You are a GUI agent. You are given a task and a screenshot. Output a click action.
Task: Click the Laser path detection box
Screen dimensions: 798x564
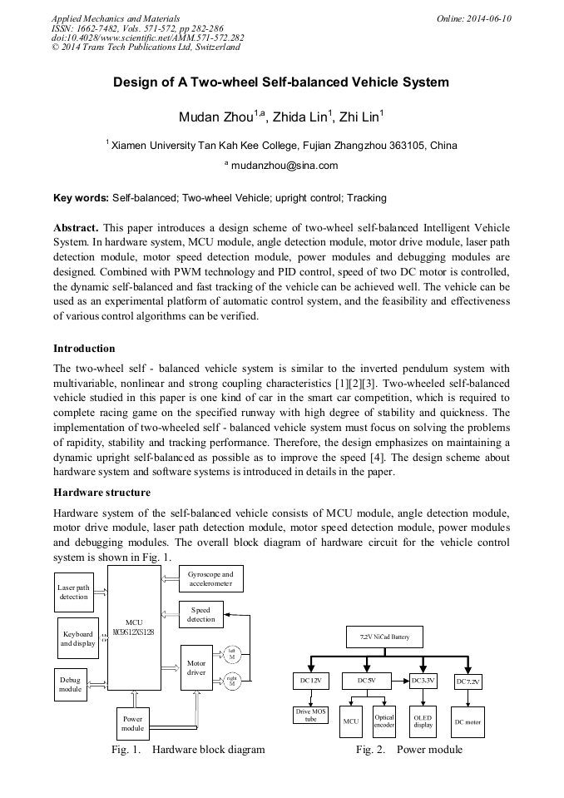73,592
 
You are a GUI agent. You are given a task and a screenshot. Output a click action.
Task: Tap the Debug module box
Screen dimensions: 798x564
71,684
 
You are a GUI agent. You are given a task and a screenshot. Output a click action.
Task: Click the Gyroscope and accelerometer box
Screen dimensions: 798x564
210,579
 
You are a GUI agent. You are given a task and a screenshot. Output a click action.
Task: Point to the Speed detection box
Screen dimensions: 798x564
200,615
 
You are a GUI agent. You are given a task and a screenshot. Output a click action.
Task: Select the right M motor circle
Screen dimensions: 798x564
231,682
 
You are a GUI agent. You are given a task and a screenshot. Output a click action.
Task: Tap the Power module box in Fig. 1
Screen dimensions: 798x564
132,722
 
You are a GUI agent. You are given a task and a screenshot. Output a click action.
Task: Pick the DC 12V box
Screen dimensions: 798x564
309,681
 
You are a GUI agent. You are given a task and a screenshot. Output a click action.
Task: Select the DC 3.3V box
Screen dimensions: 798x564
423,681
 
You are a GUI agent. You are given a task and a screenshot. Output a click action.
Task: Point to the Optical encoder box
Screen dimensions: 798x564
384,721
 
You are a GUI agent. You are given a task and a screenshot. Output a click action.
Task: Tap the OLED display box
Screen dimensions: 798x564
423,721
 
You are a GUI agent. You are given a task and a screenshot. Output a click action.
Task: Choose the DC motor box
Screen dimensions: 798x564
468,721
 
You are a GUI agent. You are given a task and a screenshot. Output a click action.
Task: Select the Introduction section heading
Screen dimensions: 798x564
84,348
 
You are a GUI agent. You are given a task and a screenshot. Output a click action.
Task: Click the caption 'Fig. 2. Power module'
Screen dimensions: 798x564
408,750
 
